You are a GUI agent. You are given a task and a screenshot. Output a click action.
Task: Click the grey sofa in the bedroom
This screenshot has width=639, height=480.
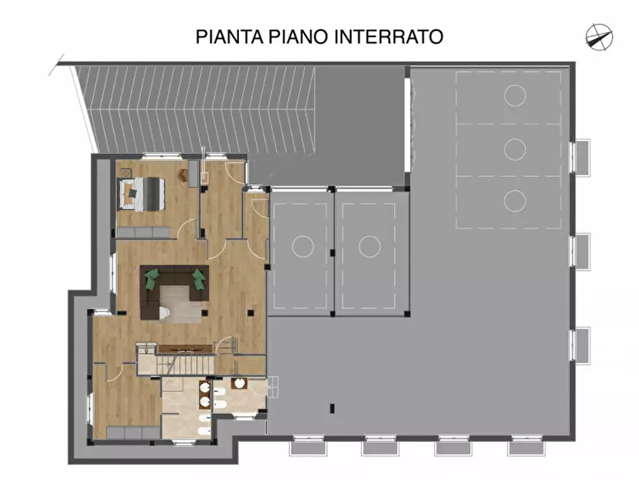coord(143,232)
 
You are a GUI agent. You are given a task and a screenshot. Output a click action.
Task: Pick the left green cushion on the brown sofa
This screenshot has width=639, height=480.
coord(151,279)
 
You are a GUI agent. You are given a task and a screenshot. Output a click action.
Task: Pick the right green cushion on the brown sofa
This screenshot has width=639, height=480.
coord(198,279)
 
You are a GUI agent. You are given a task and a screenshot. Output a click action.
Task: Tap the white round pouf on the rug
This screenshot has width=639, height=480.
coord(164,312)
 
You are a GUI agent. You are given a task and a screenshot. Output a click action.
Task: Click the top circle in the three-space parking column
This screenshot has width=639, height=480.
coord(514,95)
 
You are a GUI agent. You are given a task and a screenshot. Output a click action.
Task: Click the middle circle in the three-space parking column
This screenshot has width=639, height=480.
coord(514,149)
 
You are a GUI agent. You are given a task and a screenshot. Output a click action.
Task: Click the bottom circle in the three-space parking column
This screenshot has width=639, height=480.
coord(514,201)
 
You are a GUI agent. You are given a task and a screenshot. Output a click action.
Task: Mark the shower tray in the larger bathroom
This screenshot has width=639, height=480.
coord(176,384)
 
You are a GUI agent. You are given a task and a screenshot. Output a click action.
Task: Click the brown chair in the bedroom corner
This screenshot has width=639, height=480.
coord(193,172)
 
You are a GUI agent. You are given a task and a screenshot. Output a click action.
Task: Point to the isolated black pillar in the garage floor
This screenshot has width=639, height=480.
coord(332,409)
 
